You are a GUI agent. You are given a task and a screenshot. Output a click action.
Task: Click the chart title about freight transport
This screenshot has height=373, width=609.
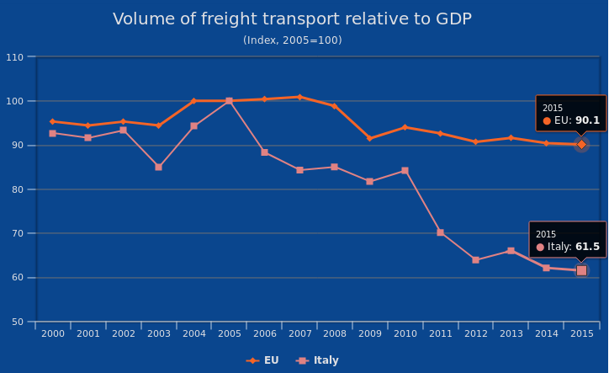coord(292,19)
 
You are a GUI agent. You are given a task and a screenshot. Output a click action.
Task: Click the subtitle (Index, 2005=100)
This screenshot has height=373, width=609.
coord(292,40)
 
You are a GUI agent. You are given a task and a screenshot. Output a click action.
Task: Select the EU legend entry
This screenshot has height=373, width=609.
coord(262,360)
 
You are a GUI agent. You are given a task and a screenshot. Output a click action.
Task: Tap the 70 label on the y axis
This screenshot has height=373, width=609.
coord(17,233)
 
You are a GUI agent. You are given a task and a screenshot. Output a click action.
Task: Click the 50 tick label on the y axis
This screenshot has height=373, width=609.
coord(17,322)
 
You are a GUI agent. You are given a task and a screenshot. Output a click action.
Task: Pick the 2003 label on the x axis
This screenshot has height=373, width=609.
coord(158,334)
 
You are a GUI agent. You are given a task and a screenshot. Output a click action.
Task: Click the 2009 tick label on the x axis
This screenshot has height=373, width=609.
coord(369,334)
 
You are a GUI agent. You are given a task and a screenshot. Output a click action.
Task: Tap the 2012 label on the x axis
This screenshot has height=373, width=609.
coord(475,334)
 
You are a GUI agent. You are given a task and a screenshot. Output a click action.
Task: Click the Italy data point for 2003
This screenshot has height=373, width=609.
coord(158,167)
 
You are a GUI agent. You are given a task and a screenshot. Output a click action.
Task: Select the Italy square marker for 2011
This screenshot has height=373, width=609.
coord(440,232)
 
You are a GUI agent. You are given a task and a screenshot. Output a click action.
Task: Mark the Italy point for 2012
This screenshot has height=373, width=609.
coord(475,260)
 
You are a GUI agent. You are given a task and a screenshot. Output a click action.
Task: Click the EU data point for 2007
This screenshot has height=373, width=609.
coord(299,97)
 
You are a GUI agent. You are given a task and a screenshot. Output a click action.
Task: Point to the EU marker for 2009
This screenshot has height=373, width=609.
coord(369,138)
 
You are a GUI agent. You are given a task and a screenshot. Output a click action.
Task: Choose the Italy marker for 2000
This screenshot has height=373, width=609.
coord(52,133)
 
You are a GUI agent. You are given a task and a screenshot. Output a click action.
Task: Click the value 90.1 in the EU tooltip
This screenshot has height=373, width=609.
coord(588,120)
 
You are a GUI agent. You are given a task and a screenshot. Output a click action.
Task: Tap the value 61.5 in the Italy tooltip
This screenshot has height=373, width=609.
coord(587,247)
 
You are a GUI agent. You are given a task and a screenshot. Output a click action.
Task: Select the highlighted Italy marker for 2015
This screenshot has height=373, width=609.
coord(581,270)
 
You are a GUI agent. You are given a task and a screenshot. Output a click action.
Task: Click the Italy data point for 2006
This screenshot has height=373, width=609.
coord(264,152)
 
